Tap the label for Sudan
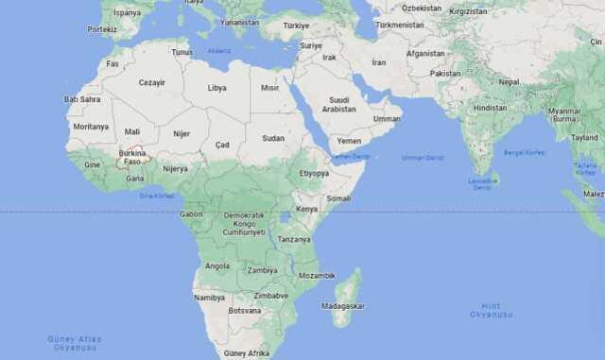pos(273,138)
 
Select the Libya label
pos(216,87)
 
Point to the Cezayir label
pos(151,82)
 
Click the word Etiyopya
pos(314,173)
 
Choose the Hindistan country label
pos(490,108)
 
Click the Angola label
pos(216,266)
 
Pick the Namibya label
pos(209,297)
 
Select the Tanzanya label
pos(294,239)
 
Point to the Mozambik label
pos(317,275)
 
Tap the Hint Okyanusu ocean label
pos(492,310)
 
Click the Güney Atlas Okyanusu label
pos(74,341)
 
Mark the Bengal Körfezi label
pos(524,152)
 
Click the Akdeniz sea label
pos(218,51)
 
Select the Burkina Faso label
pos(132,157)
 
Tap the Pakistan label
pos(444,73)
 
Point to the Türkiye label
pos(296,26)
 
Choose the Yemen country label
pos(349,140)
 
